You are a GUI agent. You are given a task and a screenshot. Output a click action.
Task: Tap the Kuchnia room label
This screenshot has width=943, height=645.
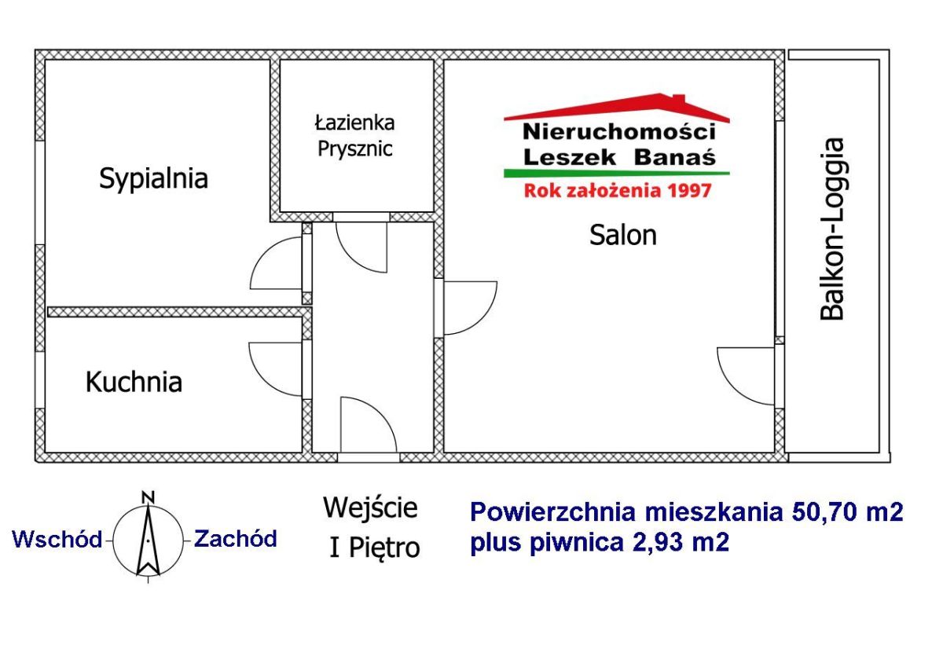pyautogui.click(x=134, y=382)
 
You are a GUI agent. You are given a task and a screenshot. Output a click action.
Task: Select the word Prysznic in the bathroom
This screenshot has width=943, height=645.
pyautogui.click(x=355, y=150)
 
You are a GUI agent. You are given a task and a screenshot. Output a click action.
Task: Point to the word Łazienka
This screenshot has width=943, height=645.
pyautogui.click(x=354, y=123)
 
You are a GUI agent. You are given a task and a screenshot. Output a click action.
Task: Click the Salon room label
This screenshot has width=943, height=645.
pyautogui.click(x=623, y=235)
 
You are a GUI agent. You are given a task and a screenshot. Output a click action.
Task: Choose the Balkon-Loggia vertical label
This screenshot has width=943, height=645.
pyautogui.click(x=832, y=229)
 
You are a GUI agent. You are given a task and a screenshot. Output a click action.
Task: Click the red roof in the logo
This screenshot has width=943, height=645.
pyautogui.click(x=617, y=108)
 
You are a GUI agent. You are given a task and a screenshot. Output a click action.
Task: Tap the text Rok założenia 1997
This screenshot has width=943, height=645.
pyautogui.click(x=618, y=191)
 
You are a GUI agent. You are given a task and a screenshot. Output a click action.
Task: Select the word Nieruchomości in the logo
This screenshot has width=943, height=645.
pyautogui.click(x=619, y=132)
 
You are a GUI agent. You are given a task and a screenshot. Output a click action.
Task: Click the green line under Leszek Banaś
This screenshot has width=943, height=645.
pyautogui.click(x=617, y=173)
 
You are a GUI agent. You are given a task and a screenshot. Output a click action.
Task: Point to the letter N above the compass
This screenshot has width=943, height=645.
pyautogui.click(x=149, y=497)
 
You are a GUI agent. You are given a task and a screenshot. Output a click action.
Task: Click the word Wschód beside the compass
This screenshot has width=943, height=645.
pyautogui.click(x=57, y=539)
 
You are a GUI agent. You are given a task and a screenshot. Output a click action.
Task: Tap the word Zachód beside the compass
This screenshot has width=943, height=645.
pyautogui.click(x=235, y=539)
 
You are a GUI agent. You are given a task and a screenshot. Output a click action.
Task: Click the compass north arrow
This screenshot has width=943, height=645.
pyautogui.click(x=149, y=540)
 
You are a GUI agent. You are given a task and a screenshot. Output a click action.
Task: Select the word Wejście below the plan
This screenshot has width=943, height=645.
pyautogui.click(x=370, y=508)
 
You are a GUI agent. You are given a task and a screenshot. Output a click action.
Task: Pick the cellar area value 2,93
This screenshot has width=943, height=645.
pyautogui.click(x=659, y=542)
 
